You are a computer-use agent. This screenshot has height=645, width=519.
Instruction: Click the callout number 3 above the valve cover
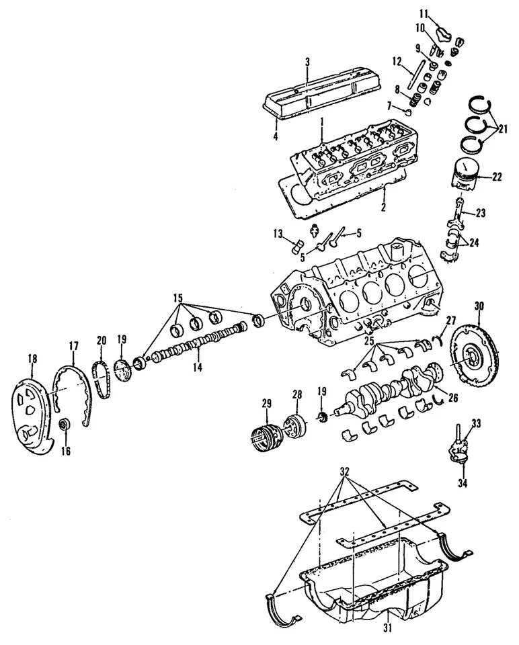click(x=307, y=62)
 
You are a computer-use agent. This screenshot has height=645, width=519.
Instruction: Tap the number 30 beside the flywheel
click(x=479, y=306)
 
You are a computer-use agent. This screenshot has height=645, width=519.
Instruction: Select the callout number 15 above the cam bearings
click(x=177, y=298)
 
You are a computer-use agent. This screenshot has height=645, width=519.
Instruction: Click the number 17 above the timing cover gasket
click(x=74, y=347)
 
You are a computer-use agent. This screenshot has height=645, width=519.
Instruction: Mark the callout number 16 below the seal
click(x=65, y=451)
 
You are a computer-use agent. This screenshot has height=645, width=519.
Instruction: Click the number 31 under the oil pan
click(x=387, y=630)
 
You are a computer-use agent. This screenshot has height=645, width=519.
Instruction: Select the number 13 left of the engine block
click(x=278, y=232)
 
